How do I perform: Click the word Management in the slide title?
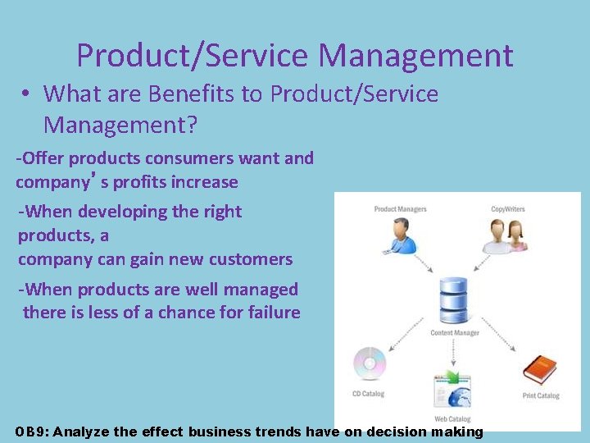[x=415, y=56]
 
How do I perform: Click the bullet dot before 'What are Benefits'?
[x=27, y=94]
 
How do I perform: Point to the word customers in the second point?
[x=252, y=259]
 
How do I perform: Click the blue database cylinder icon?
[x=452, y=301]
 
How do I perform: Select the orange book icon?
[x=539, y=369]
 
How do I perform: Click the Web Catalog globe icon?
[x=452, y=389]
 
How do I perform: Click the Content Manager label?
[x=454, y=333]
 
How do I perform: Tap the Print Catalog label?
[x=541, y=396]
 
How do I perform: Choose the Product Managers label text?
[x=400, y=209]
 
